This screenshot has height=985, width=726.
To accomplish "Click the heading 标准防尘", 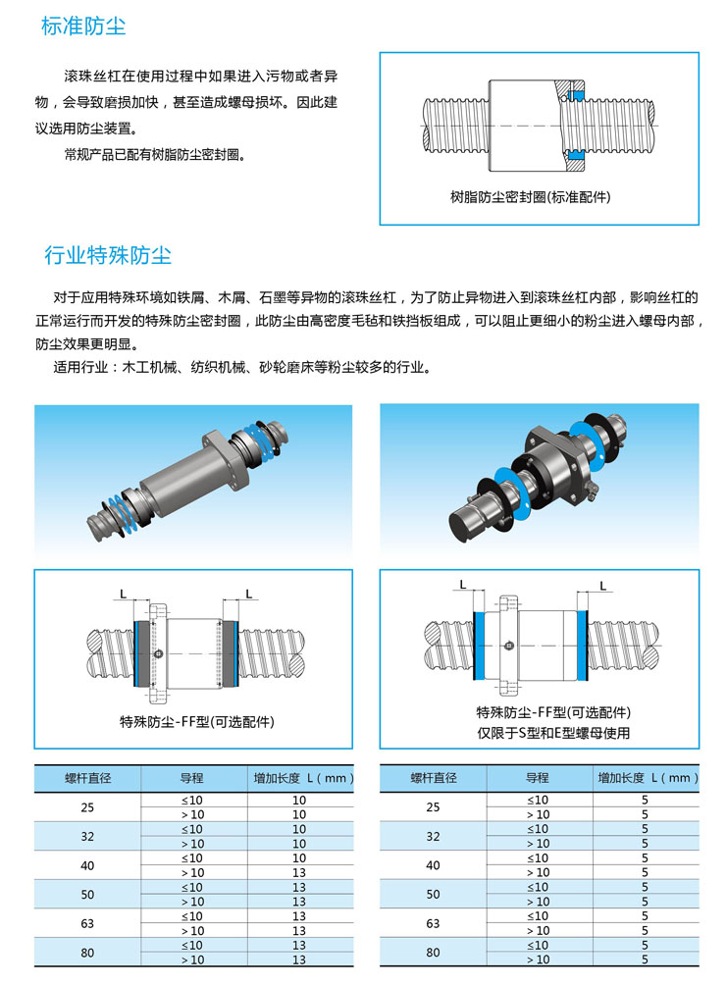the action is pyautogui.click(x=83, y=26).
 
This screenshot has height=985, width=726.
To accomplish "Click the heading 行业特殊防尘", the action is pyautogui.click(x=108, y=255).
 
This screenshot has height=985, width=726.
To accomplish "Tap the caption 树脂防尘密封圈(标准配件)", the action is pyautogui.click(x=530, y=197).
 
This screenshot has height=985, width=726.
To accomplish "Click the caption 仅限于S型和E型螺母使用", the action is pyautogui.click(x=553, y=733).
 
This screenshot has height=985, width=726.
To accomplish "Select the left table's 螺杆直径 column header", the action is pyautogui.click(x=88, y=778).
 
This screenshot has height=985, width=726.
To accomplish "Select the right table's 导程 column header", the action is pyautogui.click(x=538, y=778).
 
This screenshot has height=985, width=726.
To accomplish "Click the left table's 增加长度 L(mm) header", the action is pyautogui.click(x=303, y=778).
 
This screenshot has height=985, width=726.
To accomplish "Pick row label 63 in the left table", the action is pyautogui.click(x=87, y=923).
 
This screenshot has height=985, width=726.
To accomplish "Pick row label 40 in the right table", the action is pyautogui.click(x=433, y=865).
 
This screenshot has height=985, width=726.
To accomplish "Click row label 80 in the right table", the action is pyautogui.click(x=433, y=953).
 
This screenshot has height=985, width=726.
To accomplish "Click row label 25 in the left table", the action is pyautogui.click(x=87, y=807).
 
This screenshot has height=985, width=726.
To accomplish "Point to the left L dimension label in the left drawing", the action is pyautogui.click(x=123, y=594).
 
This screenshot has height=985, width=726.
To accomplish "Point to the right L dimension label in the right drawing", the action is pyautogui.click(x=603, y=586).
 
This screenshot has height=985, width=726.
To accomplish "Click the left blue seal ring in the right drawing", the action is pyautogui.click(x=479, y=646).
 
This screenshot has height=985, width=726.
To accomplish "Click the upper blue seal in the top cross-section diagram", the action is pyautogui.click(x=576, y=95).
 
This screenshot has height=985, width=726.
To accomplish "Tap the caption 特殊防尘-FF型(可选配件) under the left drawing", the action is pyautogui.click(x=197, y=722).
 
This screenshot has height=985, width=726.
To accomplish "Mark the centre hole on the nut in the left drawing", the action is pyautogui.click(x=159, y=654).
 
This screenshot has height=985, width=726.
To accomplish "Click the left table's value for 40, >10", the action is pyautogui.click(x=299, y=872).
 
